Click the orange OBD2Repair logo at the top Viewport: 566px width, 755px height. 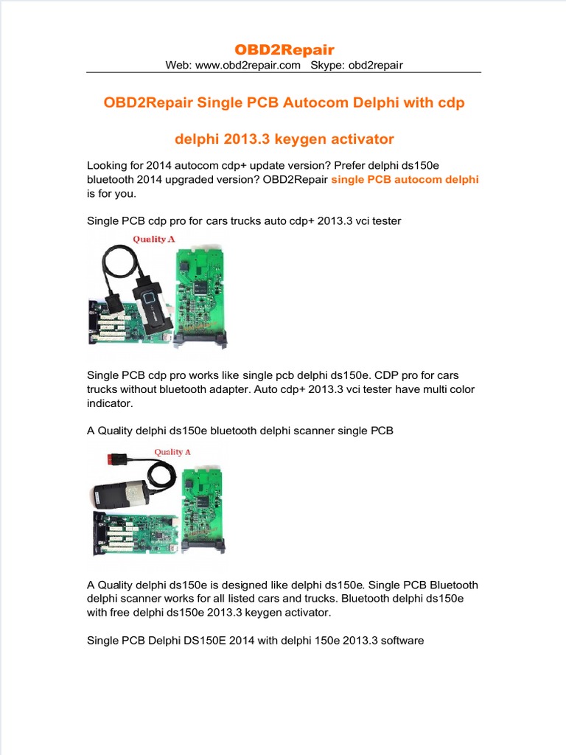[284, 49]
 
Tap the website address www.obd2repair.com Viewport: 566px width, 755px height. [248, 65]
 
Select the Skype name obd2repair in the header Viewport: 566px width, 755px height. [375, 65]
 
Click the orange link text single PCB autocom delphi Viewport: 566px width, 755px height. [405, 180]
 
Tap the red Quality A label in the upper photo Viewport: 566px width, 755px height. [154, 240]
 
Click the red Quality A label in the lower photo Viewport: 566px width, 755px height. [172, 452]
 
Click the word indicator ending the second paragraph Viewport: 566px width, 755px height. [110, 403]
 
